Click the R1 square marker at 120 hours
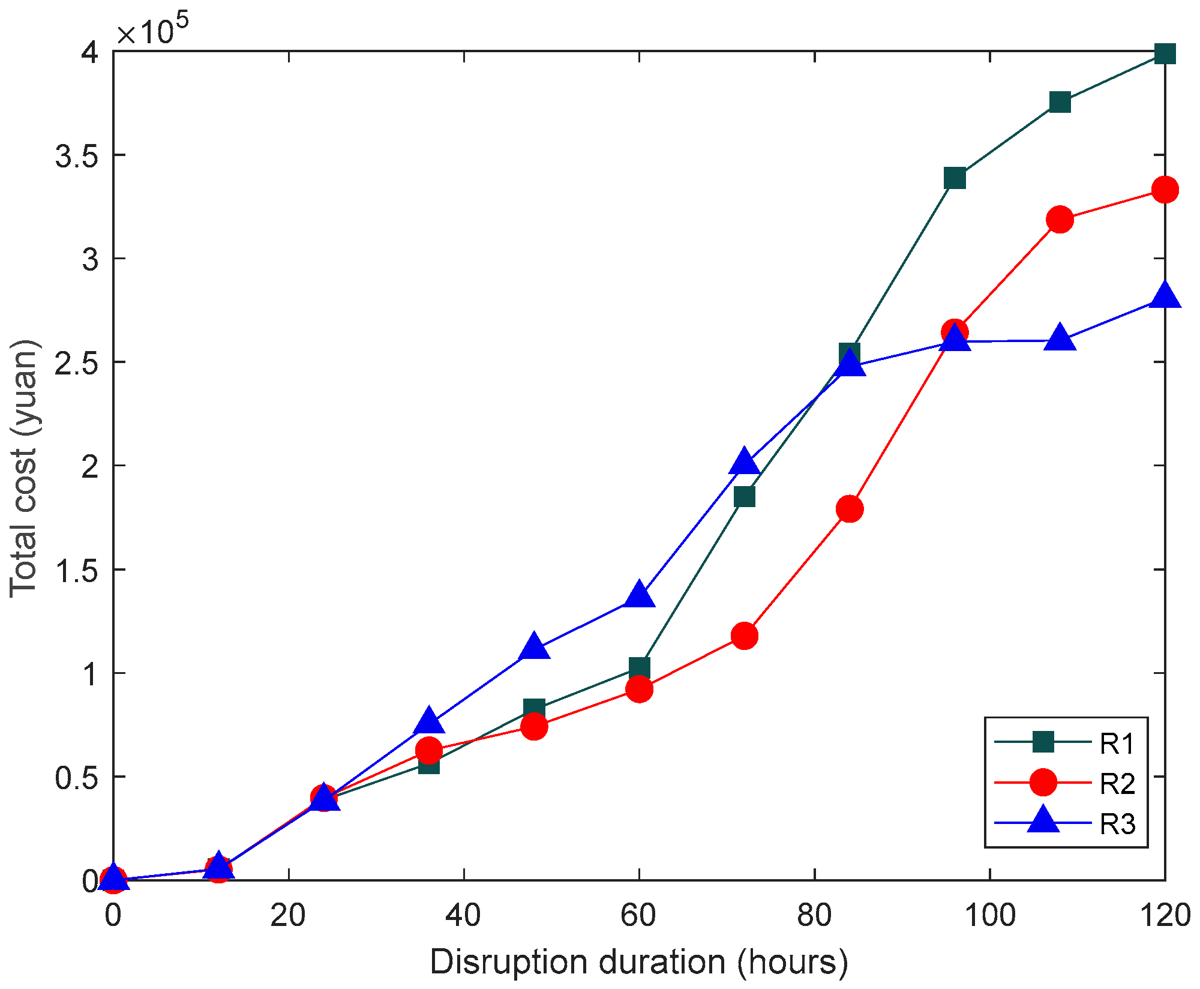(x=1164, y=54)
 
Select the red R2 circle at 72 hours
(x=744, y=636)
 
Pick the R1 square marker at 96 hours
(x=954, y=178)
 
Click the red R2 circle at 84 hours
(x=849, y=509)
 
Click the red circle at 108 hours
(x=1060, y=220)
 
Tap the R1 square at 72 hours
(x=744, y=497)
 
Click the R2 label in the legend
(x=1117, y=784)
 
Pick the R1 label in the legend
(x=1117, y=744)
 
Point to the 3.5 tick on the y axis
(x=77, y=155)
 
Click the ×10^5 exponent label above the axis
(x=153, y=30)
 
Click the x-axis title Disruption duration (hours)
(x=639, y=962)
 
